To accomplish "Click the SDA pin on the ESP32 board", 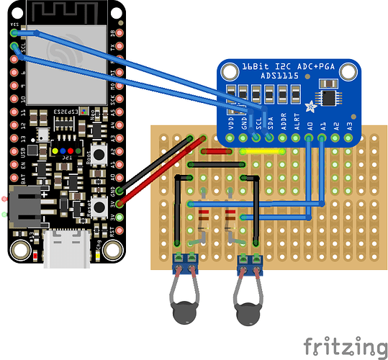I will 14,32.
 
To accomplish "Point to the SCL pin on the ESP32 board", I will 14,47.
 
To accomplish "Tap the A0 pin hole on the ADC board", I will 310,137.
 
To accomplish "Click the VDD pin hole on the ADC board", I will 230,137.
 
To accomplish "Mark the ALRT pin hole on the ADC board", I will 297,137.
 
